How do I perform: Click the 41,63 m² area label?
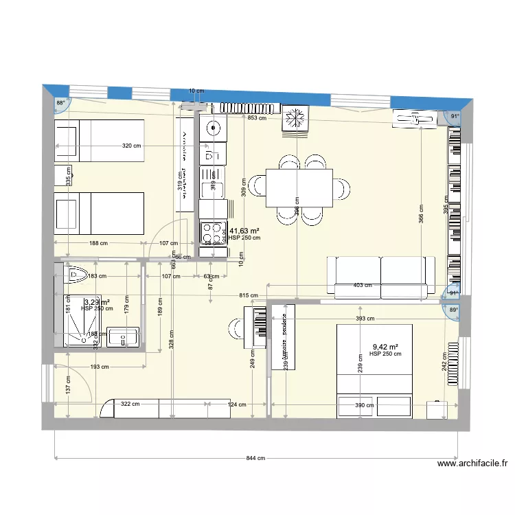(x=244, y=231)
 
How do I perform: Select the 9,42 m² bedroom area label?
(x=385, y=347)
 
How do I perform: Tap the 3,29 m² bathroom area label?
(x=97, y=302)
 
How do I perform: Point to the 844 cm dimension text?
(x=255, y=459)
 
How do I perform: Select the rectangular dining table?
(x=299, y=187)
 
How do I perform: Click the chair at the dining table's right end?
(x=341, y=187)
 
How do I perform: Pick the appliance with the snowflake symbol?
(x=297, y=119)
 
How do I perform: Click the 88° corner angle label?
(x=60, y=103)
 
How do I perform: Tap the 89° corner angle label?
(x=453, y=310)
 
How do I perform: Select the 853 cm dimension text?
(x=257, y=117)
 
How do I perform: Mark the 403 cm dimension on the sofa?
(x=363, y=285)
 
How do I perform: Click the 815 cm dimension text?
(x=249, y=295)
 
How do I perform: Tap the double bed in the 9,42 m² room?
(x=374, y=371)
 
